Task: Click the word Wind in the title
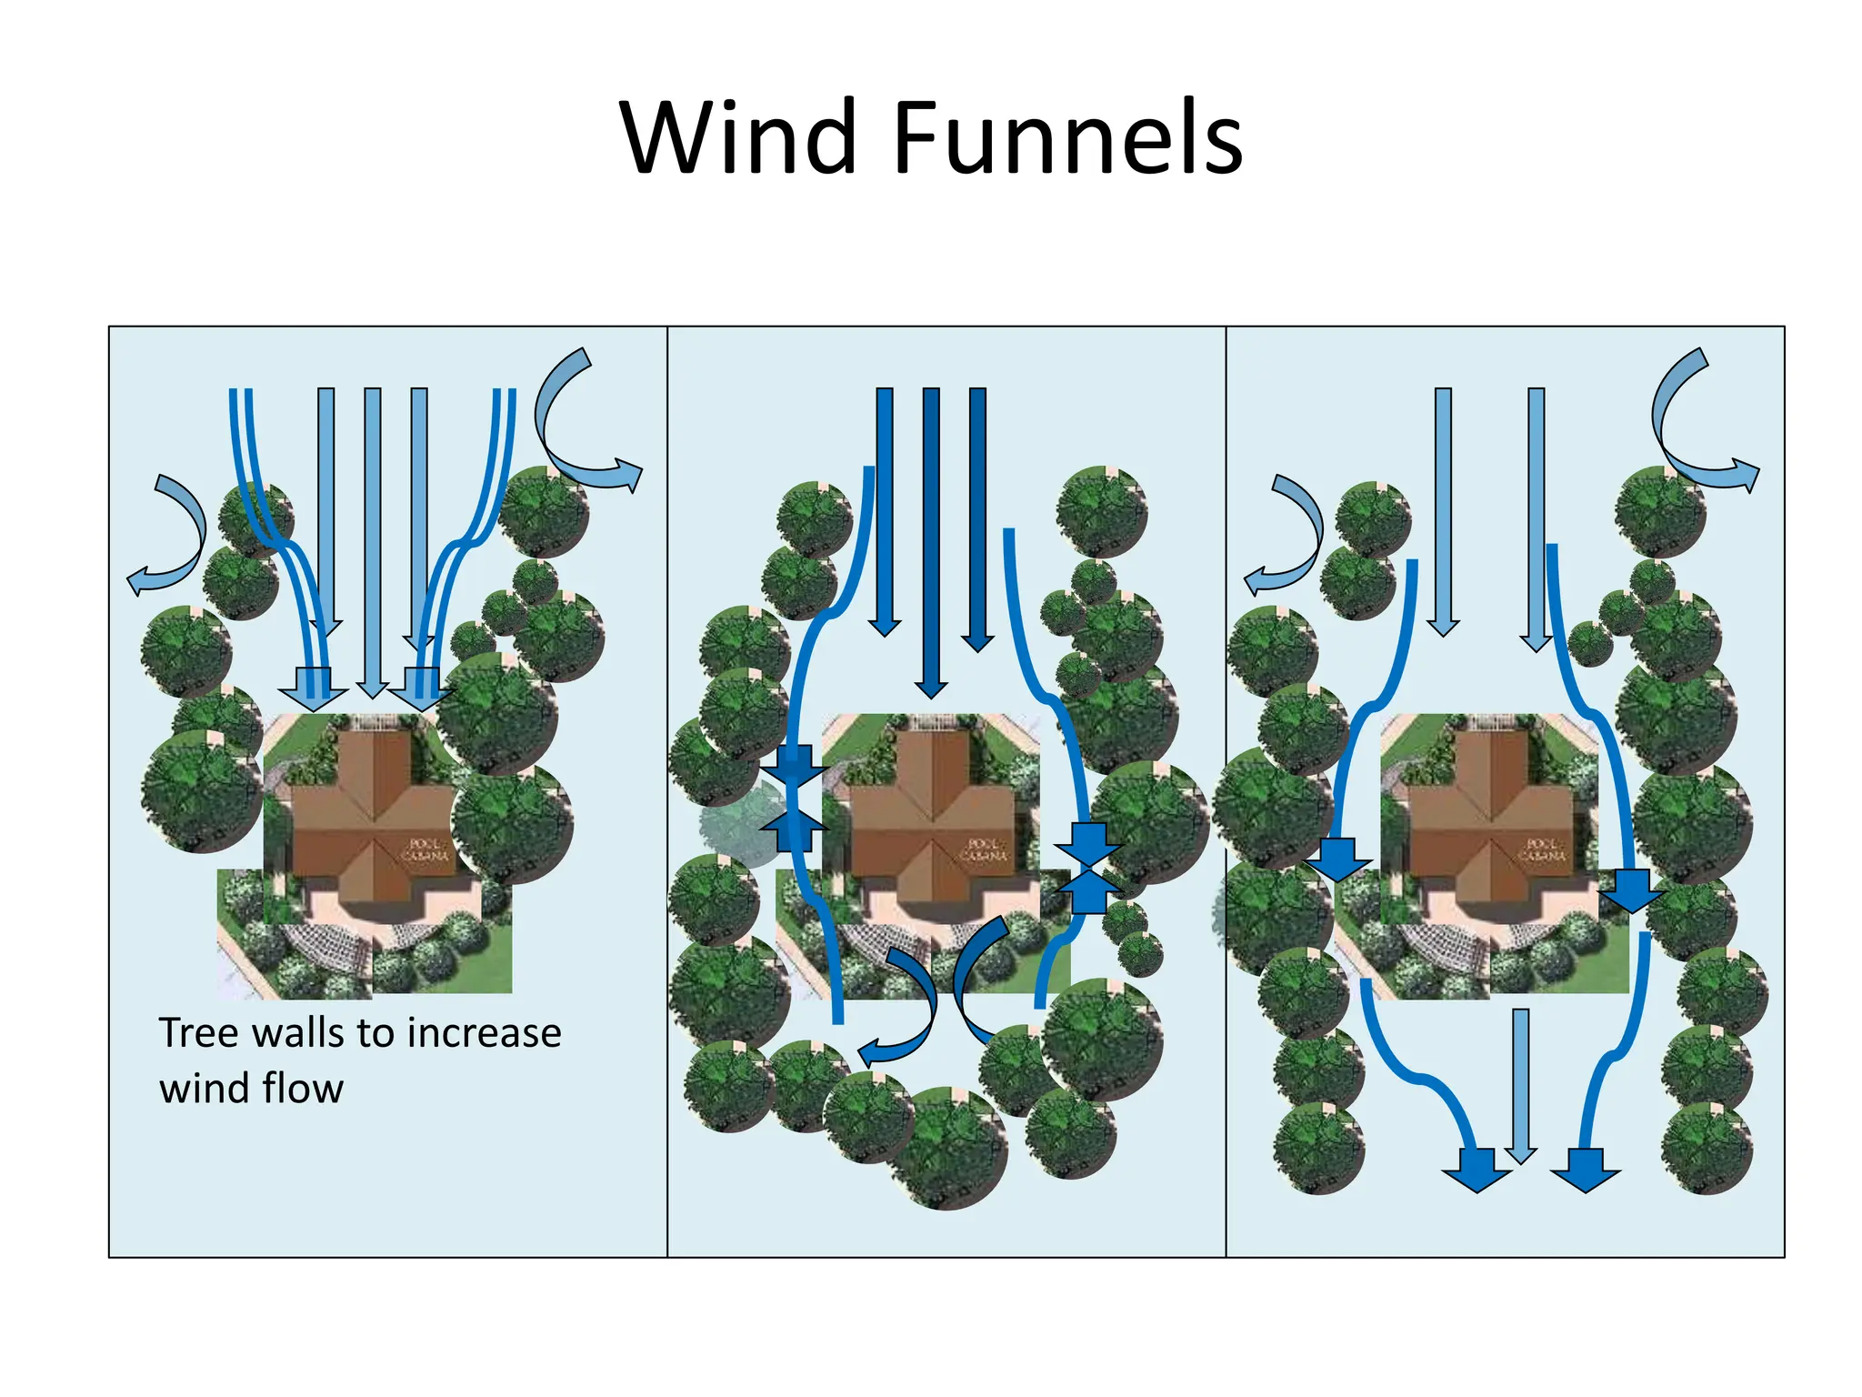(738, 138)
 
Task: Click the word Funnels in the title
(1068, 138)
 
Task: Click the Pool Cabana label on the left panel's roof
(425, 850)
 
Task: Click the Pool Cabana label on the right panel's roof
(1542, 850)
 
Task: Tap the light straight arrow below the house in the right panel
(1520, 1087)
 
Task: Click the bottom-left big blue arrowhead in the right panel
(1477, 1171)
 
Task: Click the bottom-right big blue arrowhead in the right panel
(1586, 1171)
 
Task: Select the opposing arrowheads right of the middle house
(1088, 869)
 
